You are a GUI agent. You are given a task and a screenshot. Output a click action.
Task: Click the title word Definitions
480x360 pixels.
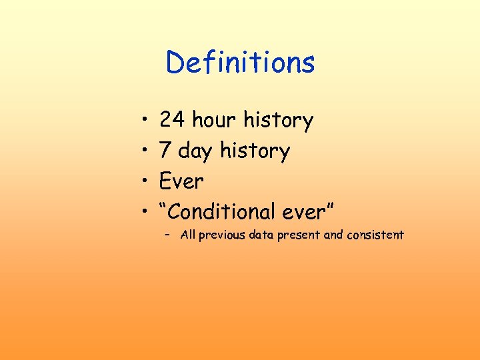240,63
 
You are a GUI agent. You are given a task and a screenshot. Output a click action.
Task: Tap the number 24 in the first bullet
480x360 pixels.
172,121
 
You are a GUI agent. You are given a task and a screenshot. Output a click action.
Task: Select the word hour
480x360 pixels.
214,121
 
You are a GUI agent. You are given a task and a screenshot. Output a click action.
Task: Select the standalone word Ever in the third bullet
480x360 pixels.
181,181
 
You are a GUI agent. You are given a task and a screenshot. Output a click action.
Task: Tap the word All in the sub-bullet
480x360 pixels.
188,235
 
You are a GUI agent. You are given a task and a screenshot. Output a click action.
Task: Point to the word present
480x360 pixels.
299,235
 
